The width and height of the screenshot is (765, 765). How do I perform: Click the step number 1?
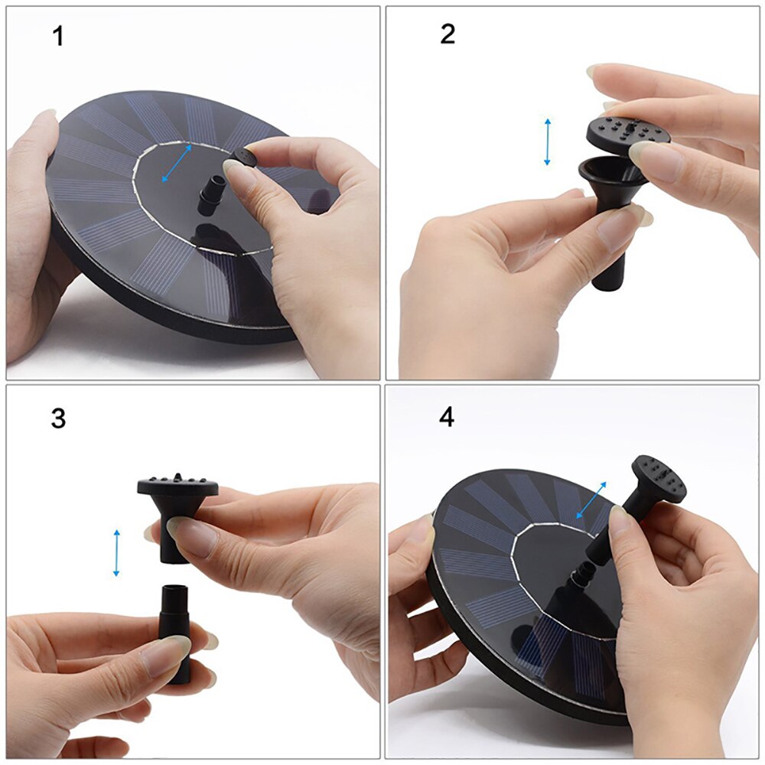(58, 36)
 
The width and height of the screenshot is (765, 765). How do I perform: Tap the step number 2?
(448, 34)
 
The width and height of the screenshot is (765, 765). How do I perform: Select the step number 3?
(58, 418)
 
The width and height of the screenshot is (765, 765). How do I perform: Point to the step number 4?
(447, 418)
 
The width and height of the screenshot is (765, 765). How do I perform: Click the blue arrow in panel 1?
(177, 163)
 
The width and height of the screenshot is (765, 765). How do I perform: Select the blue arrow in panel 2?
(547, 142)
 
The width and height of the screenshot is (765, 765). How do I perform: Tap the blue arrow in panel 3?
(116, 552)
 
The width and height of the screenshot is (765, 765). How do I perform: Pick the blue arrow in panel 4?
(591, 500)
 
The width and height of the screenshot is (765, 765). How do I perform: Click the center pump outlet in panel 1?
(209, 196)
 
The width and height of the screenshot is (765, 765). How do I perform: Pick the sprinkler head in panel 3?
(177, 497)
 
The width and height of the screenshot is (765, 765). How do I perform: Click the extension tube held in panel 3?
(174, 627)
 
